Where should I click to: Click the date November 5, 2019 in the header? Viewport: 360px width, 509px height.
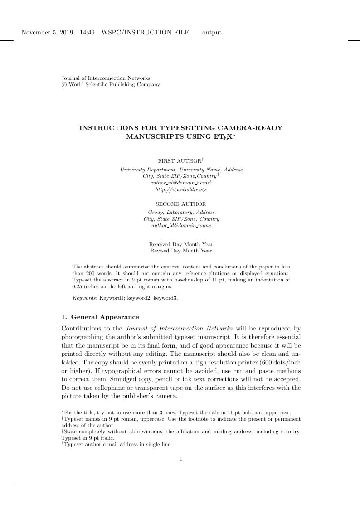point(47,32)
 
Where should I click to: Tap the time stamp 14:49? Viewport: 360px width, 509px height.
point(87,32)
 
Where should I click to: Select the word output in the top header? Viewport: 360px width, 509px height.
point(212,33)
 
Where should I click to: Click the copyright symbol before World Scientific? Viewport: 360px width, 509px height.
point(64,85)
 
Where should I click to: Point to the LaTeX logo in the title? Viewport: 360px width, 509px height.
point(222,136)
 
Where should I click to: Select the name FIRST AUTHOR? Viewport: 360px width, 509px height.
point(179,161)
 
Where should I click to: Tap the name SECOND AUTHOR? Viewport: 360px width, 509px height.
point(180,204)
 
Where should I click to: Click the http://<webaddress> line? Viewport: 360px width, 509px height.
point(180,190)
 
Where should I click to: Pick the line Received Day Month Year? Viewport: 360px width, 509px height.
point(180,244)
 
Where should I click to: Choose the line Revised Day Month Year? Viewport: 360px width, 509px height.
point(180,251)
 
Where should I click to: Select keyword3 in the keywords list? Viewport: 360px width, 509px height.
point(165,298)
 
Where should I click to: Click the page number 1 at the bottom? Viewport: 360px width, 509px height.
point(180,459)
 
